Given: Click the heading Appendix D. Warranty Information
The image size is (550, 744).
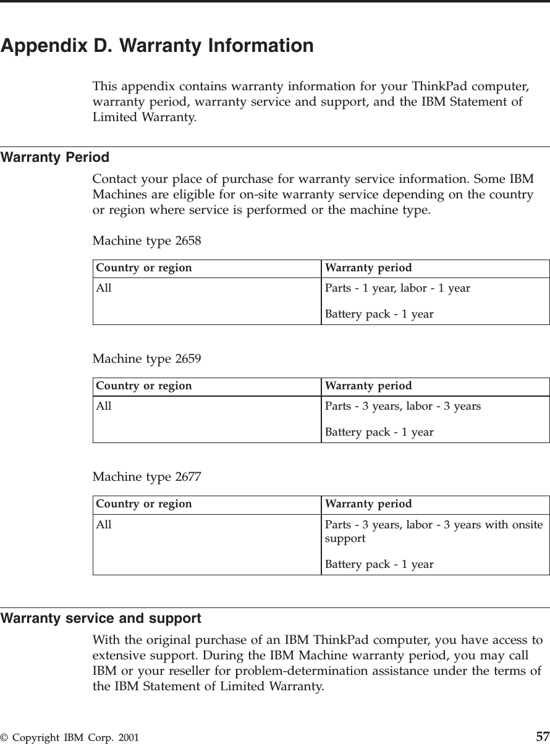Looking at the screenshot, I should click(157, 46).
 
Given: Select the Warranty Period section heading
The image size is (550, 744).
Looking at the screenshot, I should click(55, 158).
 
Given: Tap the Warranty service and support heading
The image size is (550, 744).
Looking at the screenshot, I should click(101, 618).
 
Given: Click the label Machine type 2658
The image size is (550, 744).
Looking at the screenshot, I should click(146, 240).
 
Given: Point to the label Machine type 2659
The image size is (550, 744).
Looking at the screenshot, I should click(146, 358).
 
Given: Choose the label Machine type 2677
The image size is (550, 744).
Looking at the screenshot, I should click(146, 476).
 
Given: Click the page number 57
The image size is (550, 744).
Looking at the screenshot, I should click(542, 737).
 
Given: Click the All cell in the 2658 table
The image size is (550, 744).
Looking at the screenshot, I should click(104, 288).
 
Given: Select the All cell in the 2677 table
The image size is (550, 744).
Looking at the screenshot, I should click(104, 525).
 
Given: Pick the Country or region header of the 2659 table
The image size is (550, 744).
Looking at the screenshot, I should click(144, 386).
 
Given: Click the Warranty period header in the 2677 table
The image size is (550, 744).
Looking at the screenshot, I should click(368, 504).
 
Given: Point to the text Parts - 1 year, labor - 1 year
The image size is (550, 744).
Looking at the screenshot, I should click(397, 288).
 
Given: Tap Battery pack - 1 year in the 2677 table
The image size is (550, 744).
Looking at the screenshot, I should click(379, 564).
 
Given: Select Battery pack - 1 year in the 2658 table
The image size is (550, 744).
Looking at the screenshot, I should click(379, 315).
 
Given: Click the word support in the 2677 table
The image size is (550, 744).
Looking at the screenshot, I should click(345, 538).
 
